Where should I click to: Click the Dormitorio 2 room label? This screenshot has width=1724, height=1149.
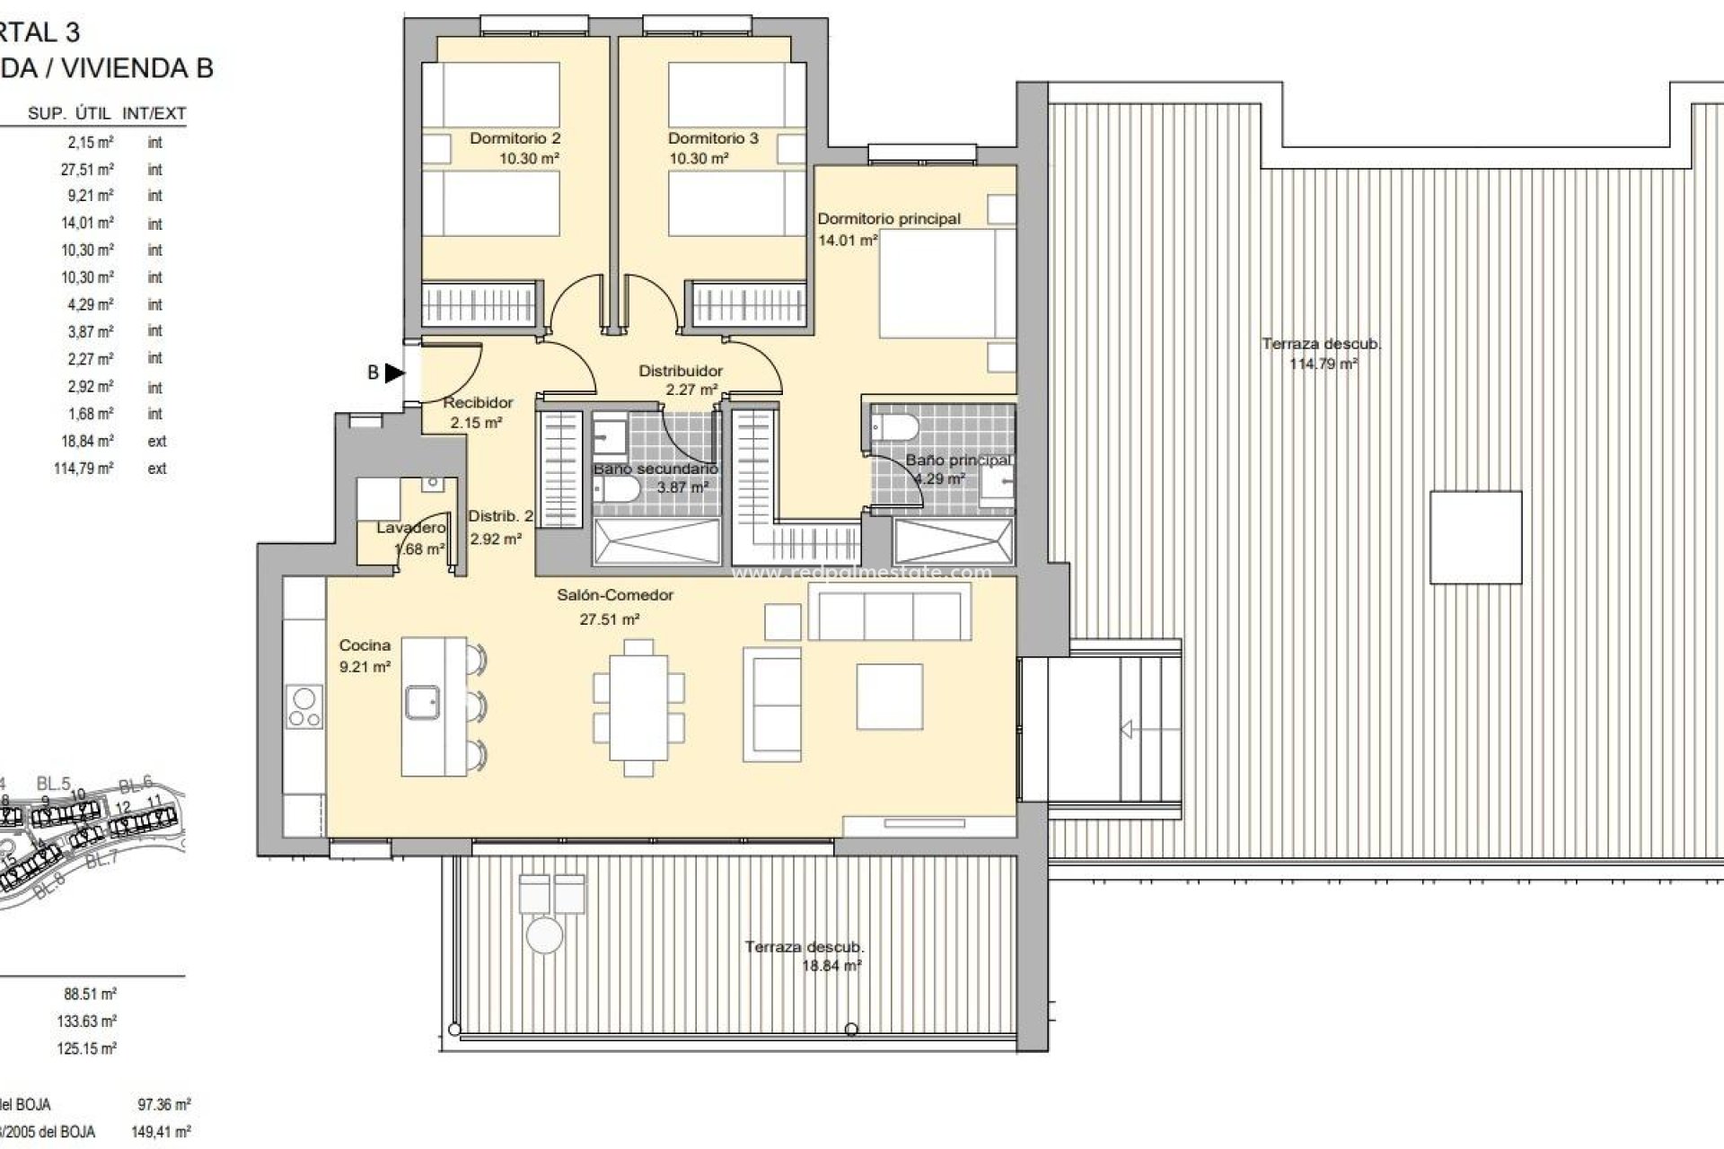pyautogui.click(x=515, y=138)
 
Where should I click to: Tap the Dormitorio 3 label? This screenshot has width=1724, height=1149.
pyautogui.click(x=713, y=138)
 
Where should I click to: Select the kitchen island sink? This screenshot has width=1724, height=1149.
pyautogui.click(x=421, y=702)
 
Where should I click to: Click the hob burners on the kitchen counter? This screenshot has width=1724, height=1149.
pyautogui.click(x=304, y=706)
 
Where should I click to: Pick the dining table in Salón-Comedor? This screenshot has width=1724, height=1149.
pyautogui.click(x=638, y=707)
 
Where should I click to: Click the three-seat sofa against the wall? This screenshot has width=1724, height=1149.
pyautogui.click(x=889, y=611)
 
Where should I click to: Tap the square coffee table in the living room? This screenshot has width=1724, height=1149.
pyautogui.click(x=889, y=697)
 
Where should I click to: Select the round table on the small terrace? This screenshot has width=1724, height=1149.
pyautogui.click(x=544, y=934)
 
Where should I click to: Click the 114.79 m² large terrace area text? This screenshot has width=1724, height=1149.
pyautogui.click(x=1323, y=364)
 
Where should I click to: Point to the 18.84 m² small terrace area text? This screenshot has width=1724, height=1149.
pyautogui.click(x=831, y=966)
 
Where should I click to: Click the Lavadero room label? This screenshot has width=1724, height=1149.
pyautogui.click(x=410, y=528)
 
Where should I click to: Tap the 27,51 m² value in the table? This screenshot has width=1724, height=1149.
pyautogui.click(x=87, y=169)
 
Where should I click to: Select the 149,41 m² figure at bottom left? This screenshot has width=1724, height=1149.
pyautogui.click(x=161, y=1132)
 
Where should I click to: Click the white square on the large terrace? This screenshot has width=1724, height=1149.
pyautogui.click(x=1475, y=537)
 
